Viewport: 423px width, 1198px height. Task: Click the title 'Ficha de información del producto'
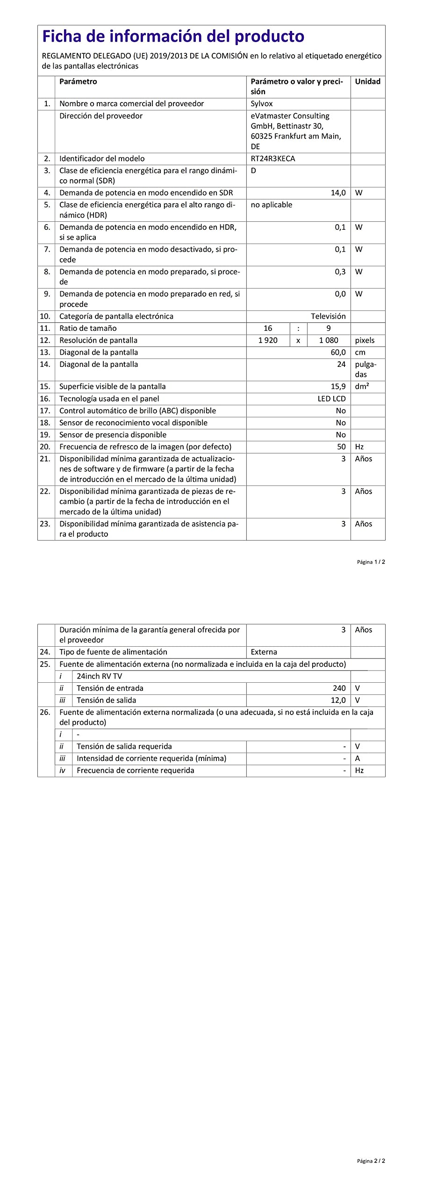[x=173, y=37]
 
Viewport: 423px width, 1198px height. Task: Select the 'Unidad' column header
[x=367, y=81]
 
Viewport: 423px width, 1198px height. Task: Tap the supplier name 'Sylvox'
[x=262, y=104]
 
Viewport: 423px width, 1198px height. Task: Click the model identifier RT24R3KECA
[x=273, y=159]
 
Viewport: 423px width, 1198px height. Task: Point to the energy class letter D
[x=253, y=171]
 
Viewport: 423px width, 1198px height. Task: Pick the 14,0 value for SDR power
[x=338, y=193]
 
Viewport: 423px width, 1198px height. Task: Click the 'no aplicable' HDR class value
[x=272, y=205]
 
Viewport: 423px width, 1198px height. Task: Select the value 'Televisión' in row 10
[x=328, y=316]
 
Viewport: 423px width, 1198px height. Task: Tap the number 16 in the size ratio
[x=268, y=329]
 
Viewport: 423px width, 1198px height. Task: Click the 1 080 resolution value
[x=329, y=341]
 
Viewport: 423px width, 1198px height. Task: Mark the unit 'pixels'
[x=365, y=341]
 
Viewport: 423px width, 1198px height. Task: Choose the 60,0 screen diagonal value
[x=338, y=352]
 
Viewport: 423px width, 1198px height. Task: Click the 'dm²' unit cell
[x=362, y=387]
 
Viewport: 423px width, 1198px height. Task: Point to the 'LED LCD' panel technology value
[x=331, y=399]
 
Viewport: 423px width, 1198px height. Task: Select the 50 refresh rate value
[x=341, y=447]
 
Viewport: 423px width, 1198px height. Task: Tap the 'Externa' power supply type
[x=264, y=652]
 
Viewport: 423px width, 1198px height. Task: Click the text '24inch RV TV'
[x=99, y=676]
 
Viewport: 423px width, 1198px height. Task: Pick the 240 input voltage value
[x=339, y=688]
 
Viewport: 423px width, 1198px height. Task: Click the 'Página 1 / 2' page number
[x=371, y=562]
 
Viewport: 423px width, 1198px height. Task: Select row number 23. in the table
[x=45, y=524]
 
